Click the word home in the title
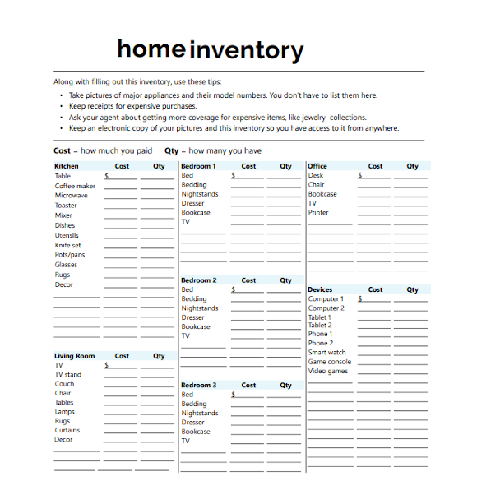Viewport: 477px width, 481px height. click(x=151, y=49)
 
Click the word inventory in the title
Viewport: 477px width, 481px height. click(x=247, y=51)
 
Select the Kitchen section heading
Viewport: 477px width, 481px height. click(x=67, y=166)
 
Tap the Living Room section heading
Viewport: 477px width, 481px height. click(x=75, y=356)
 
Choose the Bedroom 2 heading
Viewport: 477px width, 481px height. click(x=198, y=280)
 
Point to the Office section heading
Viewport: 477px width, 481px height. click(x=317, y=166)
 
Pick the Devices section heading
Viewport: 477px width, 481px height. click(x=320, y=289)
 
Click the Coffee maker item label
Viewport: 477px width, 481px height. click(x=75, y=186)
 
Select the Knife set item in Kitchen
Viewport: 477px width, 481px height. click(x=68, y=245)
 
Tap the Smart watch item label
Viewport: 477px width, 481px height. click(x=327, y=352)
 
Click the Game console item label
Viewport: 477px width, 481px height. click(x=330, y=362)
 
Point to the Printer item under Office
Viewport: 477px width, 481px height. click(x=319, y=212)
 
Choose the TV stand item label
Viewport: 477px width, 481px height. click(x=68, y=374)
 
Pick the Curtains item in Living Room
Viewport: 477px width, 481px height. click(x=67, y=430)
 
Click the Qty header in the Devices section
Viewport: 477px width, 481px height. click(x=412, y=289)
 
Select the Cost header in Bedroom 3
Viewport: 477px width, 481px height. click(x=249, y=385)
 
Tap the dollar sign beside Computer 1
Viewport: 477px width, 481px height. click(x=360, y=299)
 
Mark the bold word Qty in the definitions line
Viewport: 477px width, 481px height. click(x=171, y=151)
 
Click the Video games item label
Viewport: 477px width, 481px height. click(x=328, y=371)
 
